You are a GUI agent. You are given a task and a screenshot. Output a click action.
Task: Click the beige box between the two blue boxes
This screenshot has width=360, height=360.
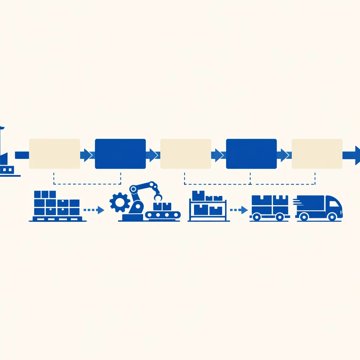[186, 154]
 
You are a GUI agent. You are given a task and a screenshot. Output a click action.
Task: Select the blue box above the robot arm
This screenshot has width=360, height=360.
[120, 154]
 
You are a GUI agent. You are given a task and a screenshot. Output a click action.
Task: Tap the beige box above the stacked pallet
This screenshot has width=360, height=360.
[54, 154]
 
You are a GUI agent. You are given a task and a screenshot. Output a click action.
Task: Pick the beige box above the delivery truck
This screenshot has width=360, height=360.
[317, 154]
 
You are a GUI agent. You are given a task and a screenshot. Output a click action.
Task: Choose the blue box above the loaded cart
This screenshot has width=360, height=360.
[251, 154]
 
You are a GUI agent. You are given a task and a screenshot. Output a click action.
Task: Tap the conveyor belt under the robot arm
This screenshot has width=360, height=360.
[163, 214]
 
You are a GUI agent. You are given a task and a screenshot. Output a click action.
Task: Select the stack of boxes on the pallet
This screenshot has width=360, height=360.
[57, 204]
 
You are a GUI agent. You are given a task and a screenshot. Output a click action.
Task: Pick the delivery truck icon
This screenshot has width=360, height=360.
[319, 208]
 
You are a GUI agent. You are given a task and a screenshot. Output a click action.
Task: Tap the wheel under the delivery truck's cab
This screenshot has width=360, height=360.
[332, 217]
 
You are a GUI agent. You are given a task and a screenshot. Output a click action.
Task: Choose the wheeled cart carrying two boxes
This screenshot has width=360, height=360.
[270, 208]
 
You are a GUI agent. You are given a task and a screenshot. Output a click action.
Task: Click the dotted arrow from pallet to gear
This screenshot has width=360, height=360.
[94, 210]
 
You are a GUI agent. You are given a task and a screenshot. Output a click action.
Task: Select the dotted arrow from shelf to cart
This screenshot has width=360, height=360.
[239, 210]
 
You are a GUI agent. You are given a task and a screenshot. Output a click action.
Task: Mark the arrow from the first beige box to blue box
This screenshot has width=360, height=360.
[86, 155]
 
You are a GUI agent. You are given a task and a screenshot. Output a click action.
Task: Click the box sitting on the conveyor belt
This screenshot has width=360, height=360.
[162, 206]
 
